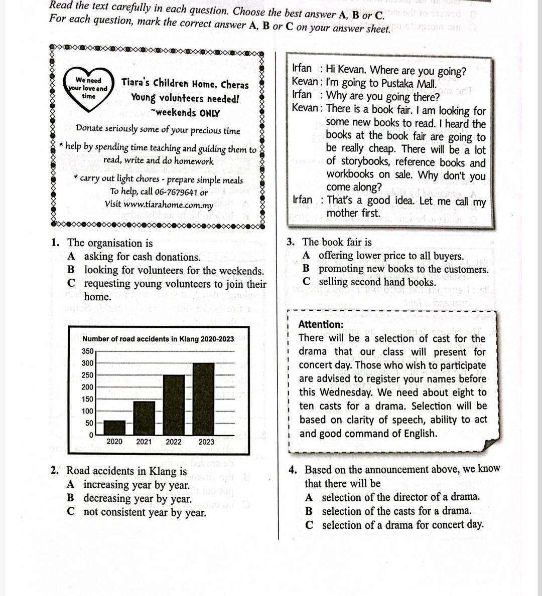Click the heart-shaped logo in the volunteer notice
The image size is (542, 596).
[x=88, y=89]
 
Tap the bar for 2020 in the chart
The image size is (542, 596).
[x=114, y=428]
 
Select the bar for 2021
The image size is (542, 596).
[x=144, y=418]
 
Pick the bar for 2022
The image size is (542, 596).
[x=174, y=405]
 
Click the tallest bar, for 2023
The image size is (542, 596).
[x=203, y=399]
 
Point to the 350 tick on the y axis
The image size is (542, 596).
[x=87, y=351]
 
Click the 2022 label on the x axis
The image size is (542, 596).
[x=174, y=442]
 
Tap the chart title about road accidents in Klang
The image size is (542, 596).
[x=158, y=339]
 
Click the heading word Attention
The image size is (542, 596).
[x=321, y=324]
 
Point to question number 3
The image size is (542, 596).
[x=291, y=242]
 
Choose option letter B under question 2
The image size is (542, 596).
[x=71, y=498]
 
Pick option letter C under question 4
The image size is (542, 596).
[x=310, y=525]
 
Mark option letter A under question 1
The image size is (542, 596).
[x=72, y=257]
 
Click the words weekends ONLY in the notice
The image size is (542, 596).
[x=188, y=113]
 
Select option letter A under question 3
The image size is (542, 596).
[x=306, y=256]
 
